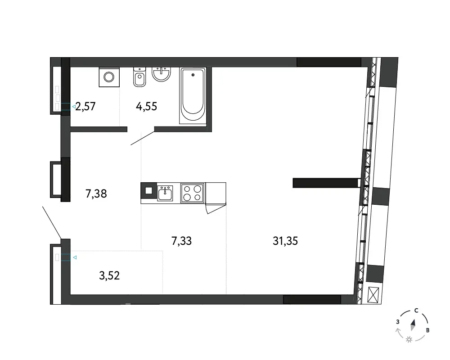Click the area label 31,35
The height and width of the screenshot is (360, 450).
click(285, 241)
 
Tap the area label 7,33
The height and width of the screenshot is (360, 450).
click(181, 241)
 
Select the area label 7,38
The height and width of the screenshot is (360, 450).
click(96, 194)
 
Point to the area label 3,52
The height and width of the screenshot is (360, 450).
click(109, 275)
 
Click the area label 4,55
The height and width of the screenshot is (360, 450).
click(146, 107)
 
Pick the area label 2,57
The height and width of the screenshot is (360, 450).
click(85, 107)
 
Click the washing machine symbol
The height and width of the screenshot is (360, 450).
click(109, 77)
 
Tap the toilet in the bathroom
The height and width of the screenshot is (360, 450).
click(139, 77)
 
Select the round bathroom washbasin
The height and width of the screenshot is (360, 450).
click(161, 74)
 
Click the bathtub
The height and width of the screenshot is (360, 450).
click(193, 95)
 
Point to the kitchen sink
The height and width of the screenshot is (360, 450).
click(165, 193)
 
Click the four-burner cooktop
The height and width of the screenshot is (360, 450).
click(193, 193)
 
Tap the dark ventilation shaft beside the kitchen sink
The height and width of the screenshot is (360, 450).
click(148, 191)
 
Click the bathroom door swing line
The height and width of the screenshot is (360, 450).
click(143, 138)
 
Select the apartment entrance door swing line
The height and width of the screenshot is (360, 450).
click(52, 223)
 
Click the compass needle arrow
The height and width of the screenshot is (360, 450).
click(413, 325)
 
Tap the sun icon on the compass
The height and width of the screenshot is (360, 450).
click(409, 340)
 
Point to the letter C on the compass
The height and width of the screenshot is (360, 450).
click(416, 310)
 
